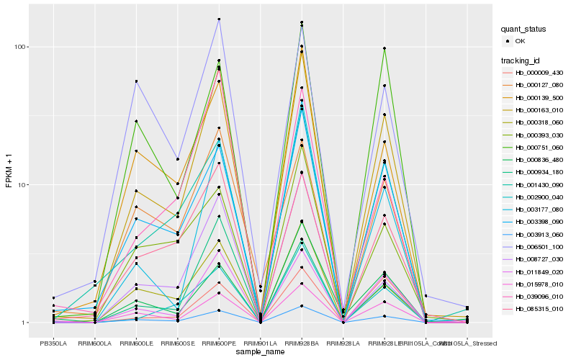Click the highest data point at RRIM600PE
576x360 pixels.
coord(219,19)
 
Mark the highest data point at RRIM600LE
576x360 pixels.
coord(136,81)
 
